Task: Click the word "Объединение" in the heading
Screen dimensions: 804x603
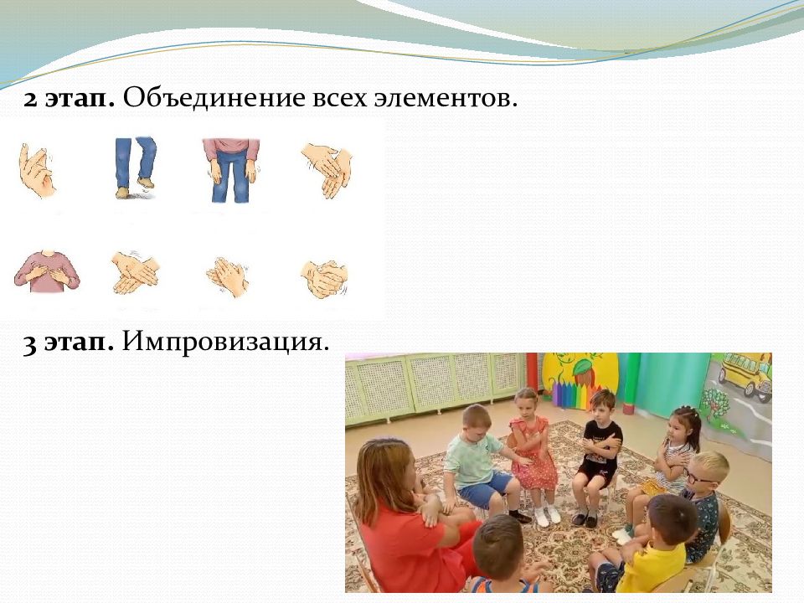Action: click(x=214, y=97)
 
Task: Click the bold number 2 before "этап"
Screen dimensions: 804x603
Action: click(x=30, y=99)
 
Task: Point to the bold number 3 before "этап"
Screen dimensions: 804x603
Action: click(x=30, y=343)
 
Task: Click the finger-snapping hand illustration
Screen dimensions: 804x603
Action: click(x=37, y=170)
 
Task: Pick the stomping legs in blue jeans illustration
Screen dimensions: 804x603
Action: click(x=135, y=167)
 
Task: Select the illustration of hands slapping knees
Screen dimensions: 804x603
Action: click(x=232, y=170)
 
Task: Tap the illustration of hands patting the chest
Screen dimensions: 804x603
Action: click(x=47, y=271)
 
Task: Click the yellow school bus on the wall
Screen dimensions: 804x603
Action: click(x=745, y=373)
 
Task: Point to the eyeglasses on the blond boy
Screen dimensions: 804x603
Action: click(x=699, y=477)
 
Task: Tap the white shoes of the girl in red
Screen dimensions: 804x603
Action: click(x=546, y=515)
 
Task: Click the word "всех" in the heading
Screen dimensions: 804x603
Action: click(x=339, y=98)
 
